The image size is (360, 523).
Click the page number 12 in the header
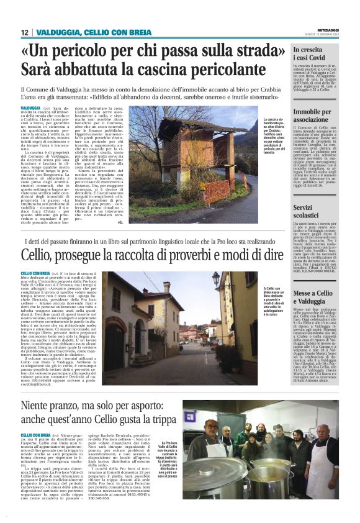[x=24, y=32]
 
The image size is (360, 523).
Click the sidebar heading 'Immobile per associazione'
[x=313, y=116]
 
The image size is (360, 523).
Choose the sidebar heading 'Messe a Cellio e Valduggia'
[x=317, y=297]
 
